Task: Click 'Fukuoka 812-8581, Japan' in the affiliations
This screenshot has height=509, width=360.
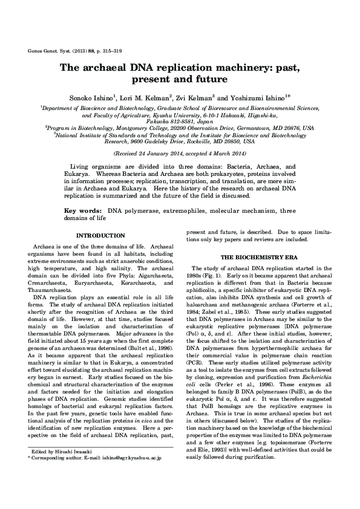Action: [x=180, y=121]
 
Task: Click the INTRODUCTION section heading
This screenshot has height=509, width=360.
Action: [x=100, y=235]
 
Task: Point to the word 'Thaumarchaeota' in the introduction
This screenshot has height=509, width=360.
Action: [x=54, y=290]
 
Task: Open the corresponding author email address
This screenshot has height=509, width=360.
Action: [x=130, y=476]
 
